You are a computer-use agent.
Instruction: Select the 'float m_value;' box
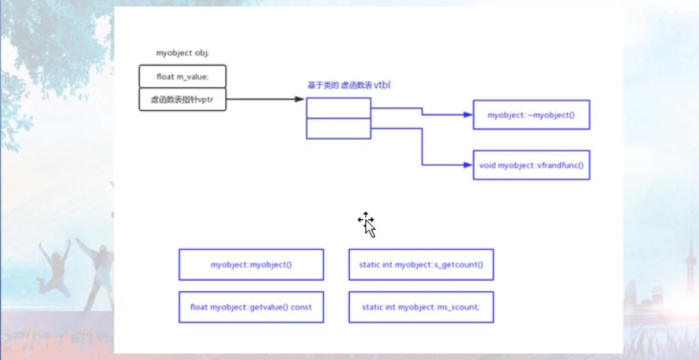[183, 76]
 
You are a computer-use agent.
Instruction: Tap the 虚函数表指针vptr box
[183, 99]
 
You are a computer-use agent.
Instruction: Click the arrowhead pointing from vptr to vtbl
[300, 99]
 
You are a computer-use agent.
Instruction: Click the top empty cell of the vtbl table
[338, 108]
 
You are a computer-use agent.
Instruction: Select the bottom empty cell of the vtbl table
[338, 128]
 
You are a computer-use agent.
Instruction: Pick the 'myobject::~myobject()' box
[531, 115]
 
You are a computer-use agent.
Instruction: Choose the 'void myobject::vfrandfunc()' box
[531, 164]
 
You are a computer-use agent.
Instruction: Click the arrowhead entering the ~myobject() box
[468, 115]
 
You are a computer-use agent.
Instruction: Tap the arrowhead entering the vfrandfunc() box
[468, 164]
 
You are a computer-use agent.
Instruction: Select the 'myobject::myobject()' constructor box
[251, 264]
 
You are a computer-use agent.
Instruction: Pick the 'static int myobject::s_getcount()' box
[421, 264]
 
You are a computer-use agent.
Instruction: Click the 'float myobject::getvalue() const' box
[251, 307]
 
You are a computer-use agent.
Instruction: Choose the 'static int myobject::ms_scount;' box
[421, 307]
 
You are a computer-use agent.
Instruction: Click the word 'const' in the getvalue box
[301, 307]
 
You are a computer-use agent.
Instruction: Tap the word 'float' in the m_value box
[165, 76]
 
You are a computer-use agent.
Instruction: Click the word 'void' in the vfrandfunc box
[487, 164]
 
